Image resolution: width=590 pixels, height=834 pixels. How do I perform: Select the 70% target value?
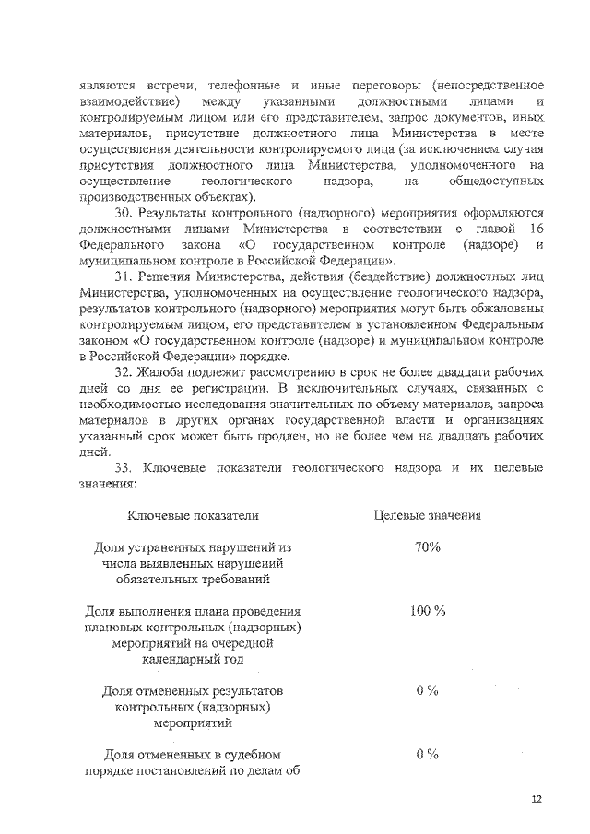click(427, 547)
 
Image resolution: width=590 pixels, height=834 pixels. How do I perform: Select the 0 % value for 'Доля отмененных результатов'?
click(427, 691)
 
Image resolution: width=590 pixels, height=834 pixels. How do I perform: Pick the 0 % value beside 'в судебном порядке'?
click(427, 755)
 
